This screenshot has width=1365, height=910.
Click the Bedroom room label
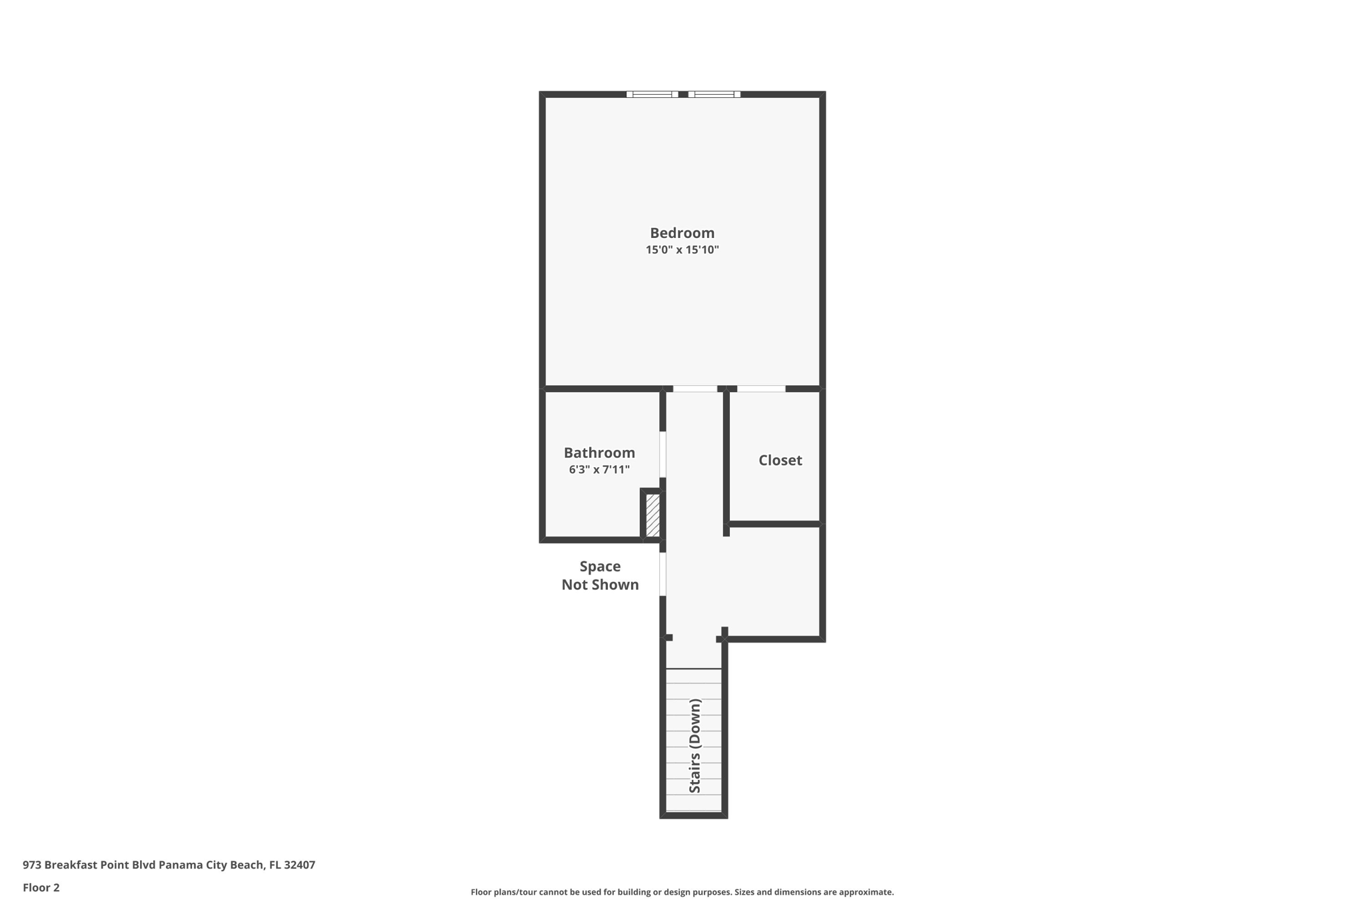pyautogui.click(x=682, y=233)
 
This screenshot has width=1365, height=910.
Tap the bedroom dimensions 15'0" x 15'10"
pyautogui.click(x=682, y=250)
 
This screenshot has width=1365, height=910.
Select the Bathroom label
pyautogui.click(x=599, y=453)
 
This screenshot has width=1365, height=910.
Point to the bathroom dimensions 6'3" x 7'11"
pyautogui.click(x=599, y=469)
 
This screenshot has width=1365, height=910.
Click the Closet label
pyautogui.click(x=780, y=460)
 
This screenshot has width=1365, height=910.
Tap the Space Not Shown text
pyautogui.click(x=600, y=575)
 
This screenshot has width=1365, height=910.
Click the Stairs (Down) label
pyautogui.click(x=694, y=745)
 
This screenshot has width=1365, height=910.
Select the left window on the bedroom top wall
pyautogui.click(x=652, y=94)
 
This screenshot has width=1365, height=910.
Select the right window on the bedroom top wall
pyautogui.click(x=714, y=94)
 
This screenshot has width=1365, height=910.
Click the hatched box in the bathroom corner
pyautogui.click(x=653, y=515)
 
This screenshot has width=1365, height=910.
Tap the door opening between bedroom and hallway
pyautogui.click(x=694, y=389)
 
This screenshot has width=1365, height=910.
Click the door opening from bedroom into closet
pyautogui.click(x=760, y=389)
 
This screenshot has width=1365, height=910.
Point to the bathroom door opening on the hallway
pyautogui.click(x=663, y=455)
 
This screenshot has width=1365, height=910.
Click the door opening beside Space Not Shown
pyautogui.click(x=663, y=574)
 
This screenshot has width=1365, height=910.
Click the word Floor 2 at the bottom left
pyautogui.click(x=41, y=887)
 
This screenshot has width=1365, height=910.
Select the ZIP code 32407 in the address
pyautogui.click(x=299, y=865)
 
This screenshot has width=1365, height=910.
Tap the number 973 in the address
pyautogui.click(x=32, y=865)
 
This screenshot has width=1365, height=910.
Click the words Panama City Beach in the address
pyautogui.click(x=211, y=865)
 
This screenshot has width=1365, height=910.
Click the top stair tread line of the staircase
pyautogui.click(x=694, y=669)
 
